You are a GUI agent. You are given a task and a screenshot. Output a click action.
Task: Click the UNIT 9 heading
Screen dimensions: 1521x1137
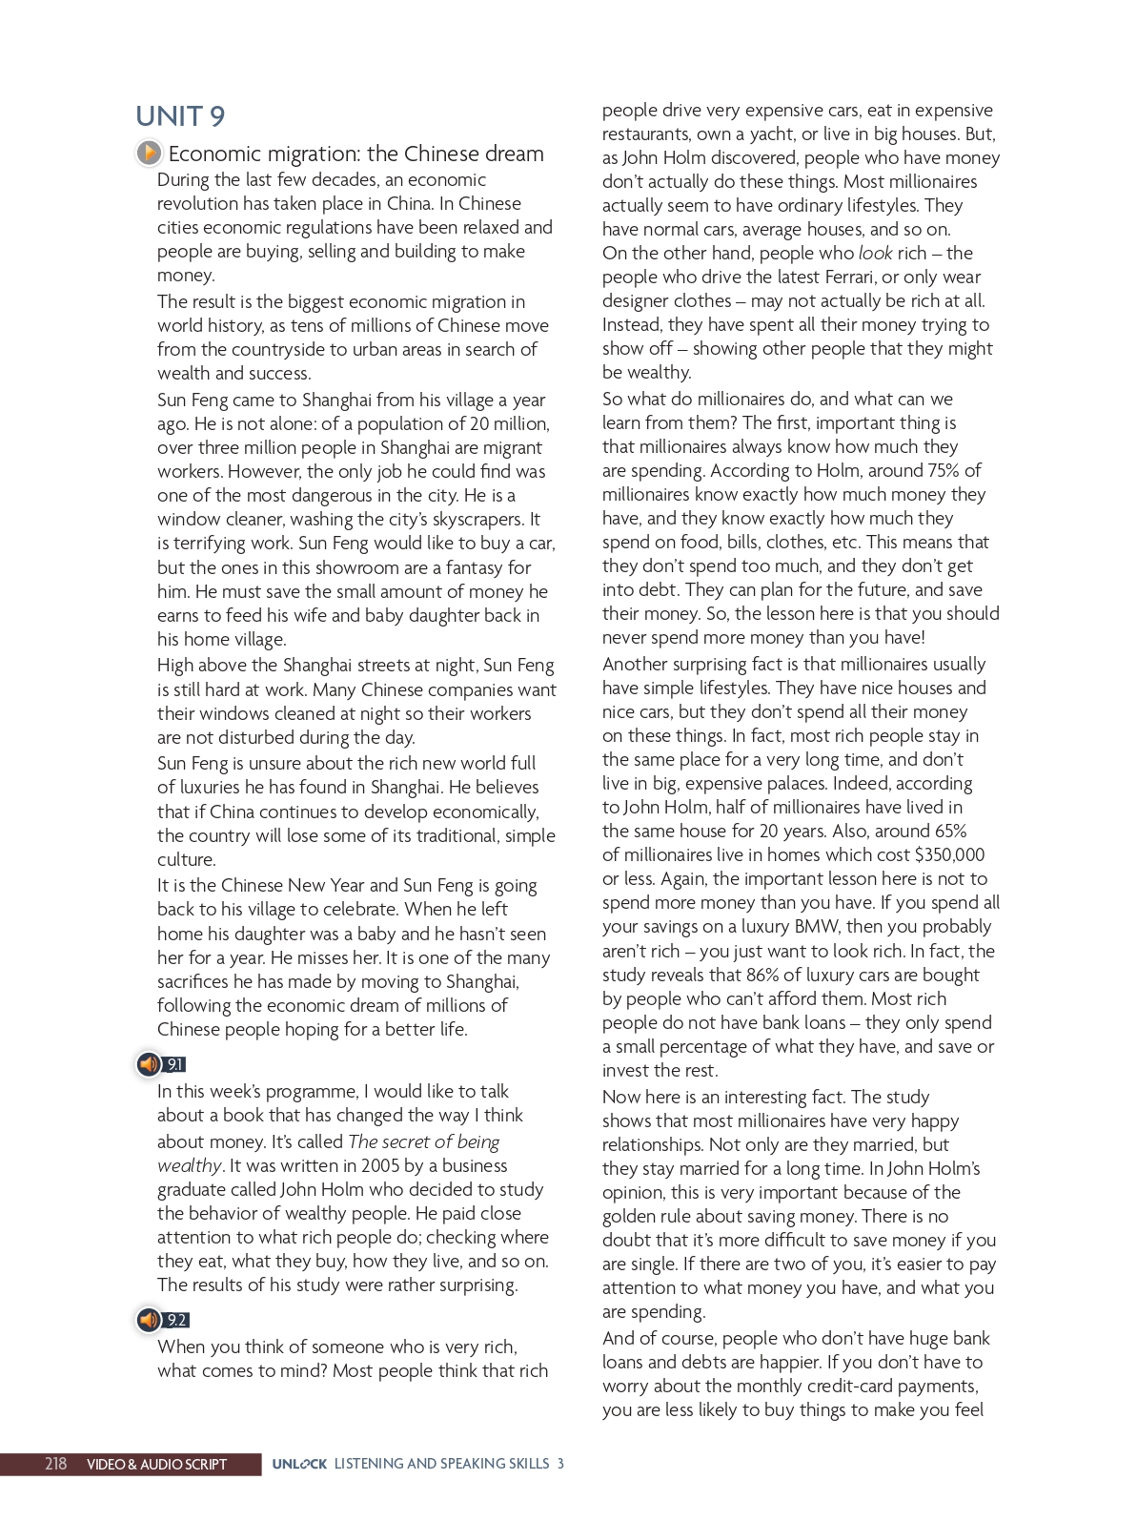pos(180,116)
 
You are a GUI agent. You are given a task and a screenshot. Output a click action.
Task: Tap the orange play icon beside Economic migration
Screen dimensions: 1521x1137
pos(149,153)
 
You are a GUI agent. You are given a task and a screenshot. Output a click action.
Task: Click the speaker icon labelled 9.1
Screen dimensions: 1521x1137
pos(149,1064)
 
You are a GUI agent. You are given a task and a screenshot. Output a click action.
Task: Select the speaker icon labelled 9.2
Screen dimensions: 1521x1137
pos(149,1320)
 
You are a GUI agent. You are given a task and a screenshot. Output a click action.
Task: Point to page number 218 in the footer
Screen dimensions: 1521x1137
pos(55,1464)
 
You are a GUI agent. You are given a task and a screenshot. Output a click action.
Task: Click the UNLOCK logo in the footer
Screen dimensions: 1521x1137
pos(299,1464)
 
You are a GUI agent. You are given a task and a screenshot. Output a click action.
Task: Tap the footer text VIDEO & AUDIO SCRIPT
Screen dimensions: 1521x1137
pos(156,1464)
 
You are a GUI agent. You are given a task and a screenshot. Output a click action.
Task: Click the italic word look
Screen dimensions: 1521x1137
pos(875,254)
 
